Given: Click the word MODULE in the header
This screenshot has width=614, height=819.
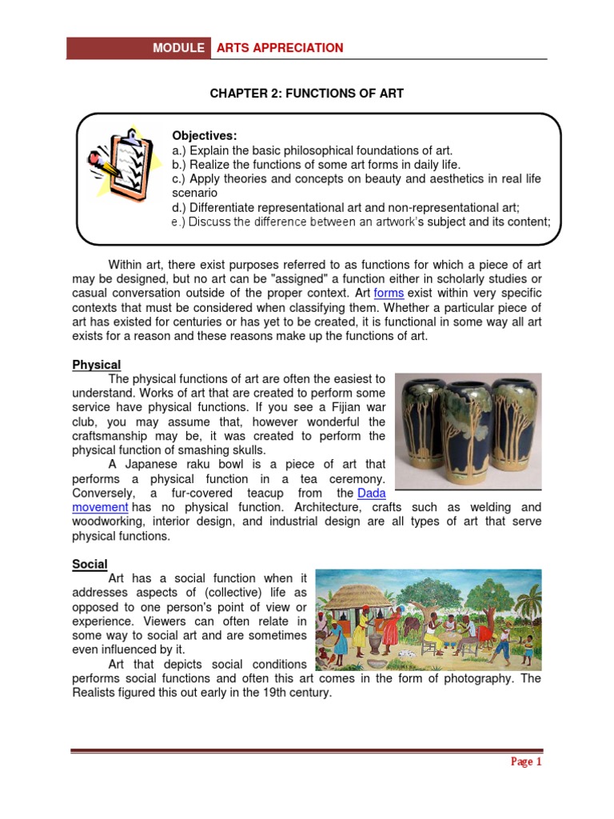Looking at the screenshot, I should coord(178,48).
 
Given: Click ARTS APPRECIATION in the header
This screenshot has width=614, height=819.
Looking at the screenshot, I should coord(279,48).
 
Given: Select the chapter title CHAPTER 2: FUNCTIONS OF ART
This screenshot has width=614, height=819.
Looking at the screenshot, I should coord(307,94).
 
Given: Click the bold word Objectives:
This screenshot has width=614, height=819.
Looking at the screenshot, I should coord(205,135).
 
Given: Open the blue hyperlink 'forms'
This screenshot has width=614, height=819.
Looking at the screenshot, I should coord(389,294).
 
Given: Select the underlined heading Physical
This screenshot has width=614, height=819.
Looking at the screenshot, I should coord(97,365).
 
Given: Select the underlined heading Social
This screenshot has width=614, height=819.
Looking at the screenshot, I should coord(90,564).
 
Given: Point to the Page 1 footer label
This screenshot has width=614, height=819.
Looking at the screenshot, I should coord(526,761).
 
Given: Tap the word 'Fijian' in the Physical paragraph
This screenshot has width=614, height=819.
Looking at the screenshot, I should coord(340,407).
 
